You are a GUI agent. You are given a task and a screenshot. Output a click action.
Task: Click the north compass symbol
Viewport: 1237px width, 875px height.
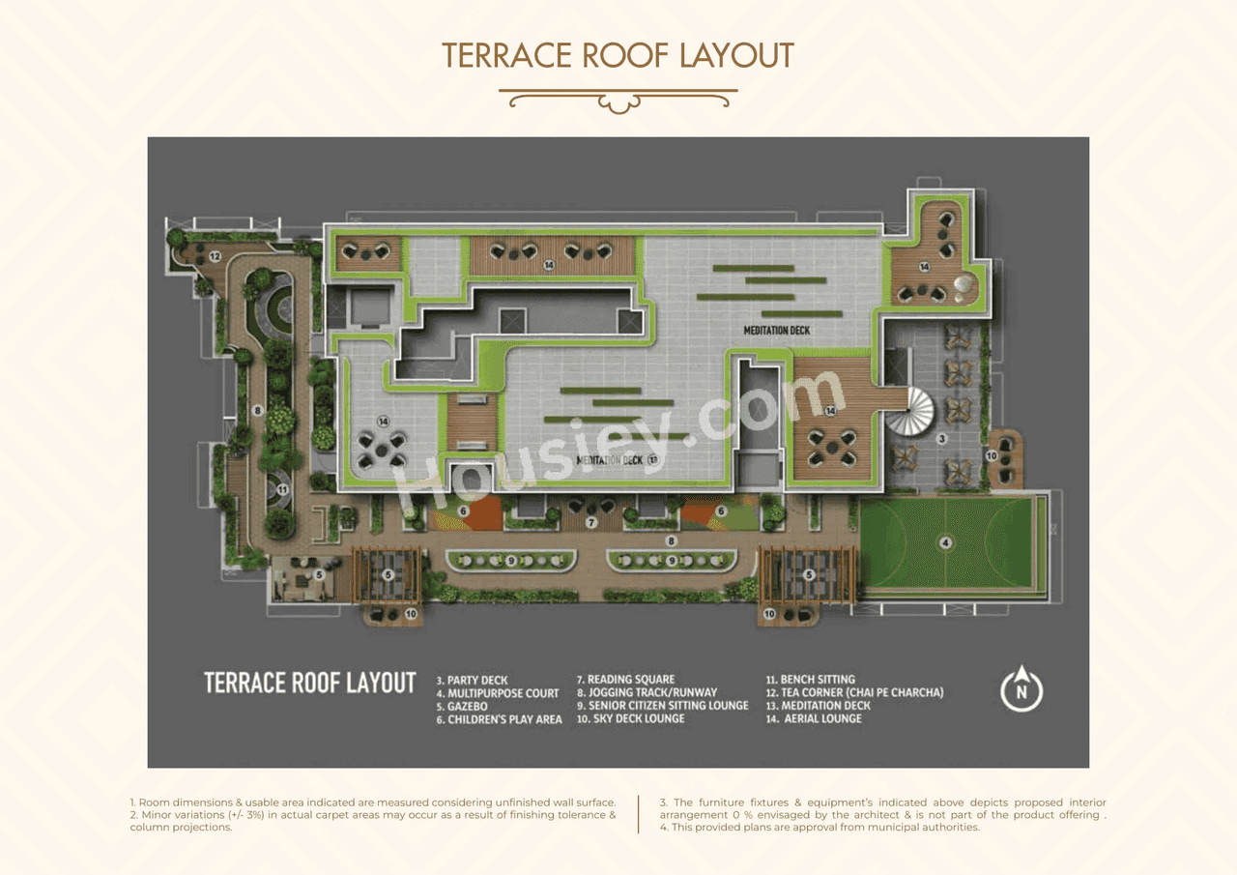(1021, 689)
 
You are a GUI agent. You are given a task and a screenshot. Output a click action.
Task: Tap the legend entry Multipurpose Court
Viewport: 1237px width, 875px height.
(497, 693)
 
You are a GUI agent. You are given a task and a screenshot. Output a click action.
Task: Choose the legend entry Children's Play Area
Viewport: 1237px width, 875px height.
(499, 719)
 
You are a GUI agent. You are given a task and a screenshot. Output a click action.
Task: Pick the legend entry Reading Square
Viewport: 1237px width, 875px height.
(625, 680)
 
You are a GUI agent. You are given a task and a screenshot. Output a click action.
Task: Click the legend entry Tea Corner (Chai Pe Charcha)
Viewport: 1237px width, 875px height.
(854, 692)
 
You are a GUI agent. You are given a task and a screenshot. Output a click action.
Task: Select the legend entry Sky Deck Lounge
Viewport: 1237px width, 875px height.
(630, 718)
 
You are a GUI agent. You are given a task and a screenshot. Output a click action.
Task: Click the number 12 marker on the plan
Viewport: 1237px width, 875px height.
(215, 256)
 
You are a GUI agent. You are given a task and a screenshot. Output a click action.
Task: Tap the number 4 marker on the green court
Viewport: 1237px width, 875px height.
(945, 542)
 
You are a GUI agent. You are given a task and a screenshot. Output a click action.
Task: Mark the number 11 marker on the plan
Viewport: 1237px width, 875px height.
(282, 490)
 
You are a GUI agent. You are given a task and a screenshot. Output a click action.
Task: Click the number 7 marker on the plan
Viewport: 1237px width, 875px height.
(591, 522)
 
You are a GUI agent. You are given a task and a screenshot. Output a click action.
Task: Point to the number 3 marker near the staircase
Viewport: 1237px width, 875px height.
(940, 438)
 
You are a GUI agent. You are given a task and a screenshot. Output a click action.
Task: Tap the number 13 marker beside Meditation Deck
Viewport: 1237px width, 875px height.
(652, 459)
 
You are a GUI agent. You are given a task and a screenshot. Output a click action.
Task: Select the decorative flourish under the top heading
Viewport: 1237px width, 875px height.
(618, 99)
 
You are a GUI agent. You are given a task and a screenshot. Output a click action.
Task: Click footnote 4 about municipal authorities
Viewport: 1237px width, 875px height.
(820, 828)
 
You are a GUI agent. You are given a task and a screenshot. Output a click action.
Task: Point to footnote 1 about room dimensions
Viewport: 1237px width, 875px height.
(373, 802)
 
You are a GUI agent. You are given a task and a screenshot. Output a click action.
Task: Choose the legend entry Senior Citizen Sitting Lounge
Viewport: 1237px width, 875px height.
(662, 706)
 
